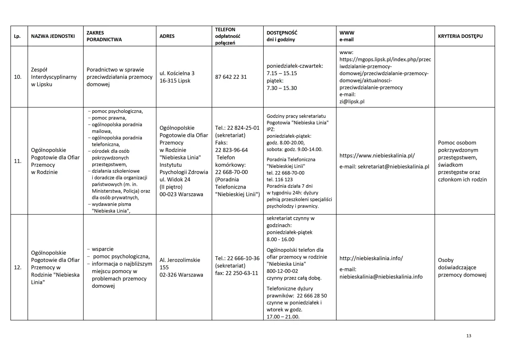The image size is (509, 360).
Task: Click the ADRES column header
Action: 167,36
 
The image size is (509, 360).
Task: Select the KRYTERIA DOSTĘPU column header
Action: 460,36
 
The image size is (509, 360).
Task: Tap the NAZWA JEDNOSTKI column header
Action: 53,36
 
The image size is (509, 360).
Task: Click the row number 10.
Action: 18,77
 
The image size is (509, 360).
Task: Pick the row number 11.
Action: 18,162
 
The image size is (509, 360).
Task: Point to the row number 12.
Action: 18,268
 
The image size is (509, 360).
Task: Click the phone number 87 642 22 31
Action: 231,77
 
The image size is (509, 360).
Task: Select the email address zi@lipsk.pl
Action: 352,101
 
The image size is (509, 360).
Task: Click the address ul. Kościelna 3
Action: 177,73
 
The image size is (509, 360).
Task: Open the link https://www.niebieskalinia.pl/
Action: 377,156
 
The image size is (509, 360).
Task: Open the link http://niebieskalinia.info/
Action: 371,258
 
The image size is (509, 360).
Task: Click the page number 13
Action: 468,336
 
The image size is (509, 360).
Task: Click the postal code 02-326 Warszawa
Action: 181,275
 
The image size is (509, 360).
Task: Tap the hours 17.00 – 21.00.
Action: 283,317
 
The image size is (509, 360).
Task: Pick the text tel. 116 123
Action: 280,179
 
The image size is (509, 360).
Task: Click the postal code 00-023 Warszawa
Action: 181,195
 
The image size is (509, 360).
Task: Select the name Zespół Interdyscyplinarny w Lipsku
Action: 54,77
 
